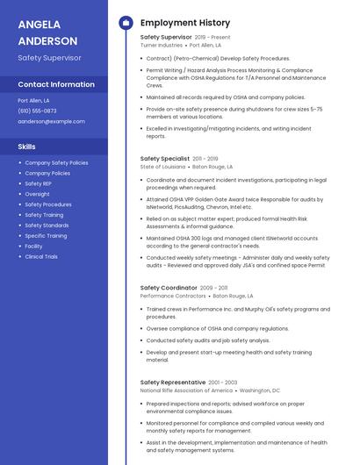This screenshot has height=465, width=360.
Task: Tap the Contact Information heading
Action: click(56, 84)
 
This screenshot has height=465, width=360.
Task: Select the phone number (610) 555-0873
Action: click(37, 111)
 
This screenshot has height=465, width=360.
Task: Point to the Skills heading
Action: click(26, 147)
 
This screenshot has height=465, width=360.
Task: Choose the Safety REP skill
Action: click(39, 183)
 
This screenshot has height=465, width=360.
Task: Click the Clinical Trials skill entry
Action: click(41, 256)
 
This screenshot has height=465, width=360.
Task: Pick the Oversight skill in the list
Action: click(37, 194)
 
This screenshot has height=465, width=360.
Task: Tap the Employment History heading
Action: click(185, 23)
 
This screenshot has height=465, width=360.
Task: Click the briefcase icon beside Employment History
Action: click(126, 23)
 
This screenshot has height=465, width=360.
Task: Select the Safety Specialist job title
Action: click(165, 159)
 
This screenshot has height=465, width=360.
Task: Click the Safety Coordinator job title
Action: click(169, 288)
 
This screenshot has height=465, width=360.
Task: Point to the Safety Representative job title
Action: click(173, 383)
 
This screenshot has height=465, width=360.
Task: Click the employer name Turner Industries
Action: click(162, 45)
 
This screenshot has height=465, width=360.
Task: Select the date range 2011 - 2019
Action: click(205, 159)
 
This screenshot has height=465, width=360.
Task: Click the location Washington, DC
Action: click(260, 390)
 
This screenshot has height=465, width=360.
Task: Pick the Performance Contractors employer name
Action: click(173, 296)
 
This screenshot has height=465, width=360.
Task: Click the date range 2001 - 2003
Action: click(223, 383)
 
